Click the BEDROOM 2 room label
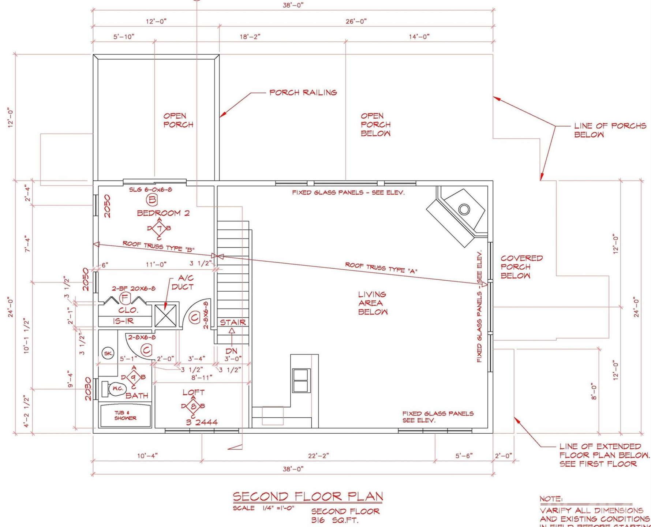[x=163, y=213]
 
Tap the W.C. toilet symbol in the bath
[x=117, y=388]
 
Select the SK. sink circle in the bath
[x=108, y=353]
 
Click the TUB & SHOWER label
[x=125, y=415]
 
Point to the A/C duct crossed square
[x=165, y=315]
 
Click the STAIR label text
[x=233, y=322]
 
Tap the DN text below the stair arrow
[x=231, y=351]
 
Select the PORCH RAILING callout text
[x=303, y=93]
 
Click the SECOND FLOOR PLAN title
[x=308, y=497]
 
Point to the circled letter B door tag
[x=152, y=200]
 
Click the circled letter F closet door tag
[x=125, y=298]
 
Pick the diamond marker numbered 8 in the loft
[x=193, y=406]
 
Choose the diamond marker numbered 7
[x=159, y=228]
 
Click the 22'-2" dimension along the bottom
[x=318, y=456]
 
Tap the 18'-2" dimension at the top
[x=250, y=37]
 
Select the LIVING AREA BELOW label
[x=373, y=303]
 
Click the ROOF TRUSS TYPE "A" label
[x=381, y=268]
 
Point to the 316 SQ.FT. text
[x=335, y=520]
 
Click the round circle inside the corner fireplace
[x=464, y=209]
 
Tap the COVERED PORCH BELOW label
[x=521, y=267]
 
